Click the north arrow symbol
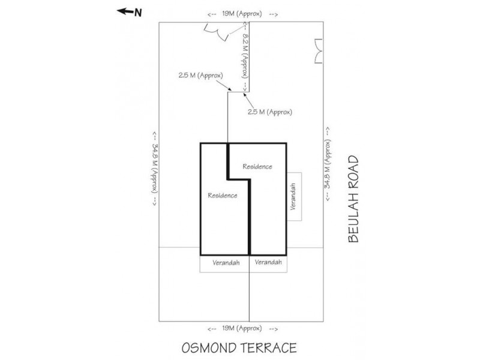pos(125,11)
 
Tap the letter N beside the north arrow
pos(138,11)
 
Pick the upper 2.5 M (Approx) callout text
pos(200,76)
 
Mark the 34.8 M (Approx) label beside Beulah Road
pos(328,166)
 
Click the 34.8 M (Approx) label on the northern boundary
pos(155,169)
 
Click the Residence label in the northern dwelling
pos(223,196)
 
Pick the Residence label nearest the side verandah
pos(257,166)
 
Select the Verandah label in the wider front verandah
pos(224,263)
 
